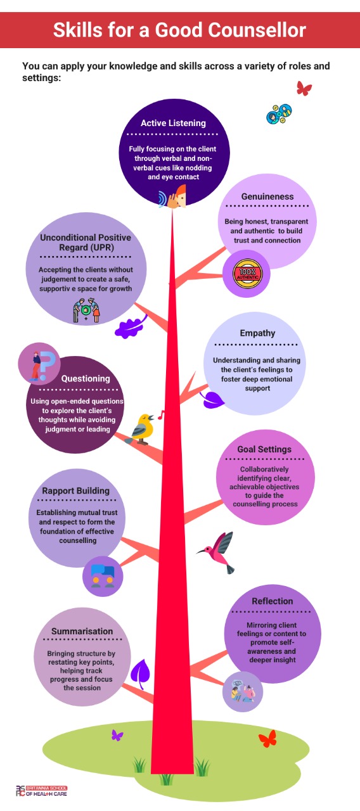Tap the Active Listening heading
173,123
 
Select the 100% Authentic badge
247,274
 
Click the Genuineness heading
267,196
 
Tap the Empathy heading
257,333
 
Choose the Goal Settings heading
264,449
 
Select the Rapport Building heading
75,491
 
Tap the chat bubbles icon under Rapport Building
103,576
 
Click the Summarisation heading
82,632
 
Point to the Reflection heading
273,601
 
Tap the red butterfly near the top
304,88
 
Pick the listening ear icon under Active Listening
173,197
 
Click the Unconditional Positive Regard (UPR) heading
86,243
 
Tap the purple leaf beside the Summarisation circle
140,674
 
